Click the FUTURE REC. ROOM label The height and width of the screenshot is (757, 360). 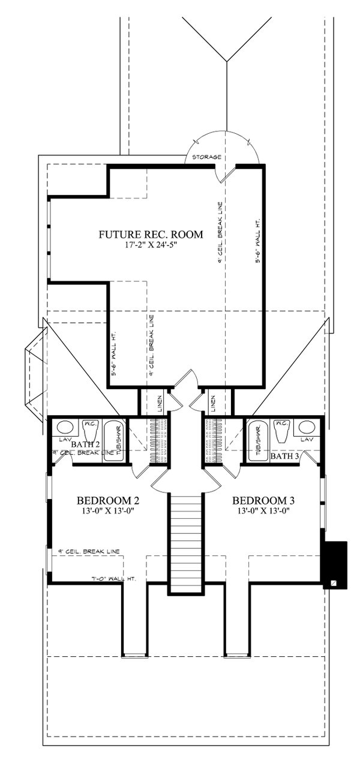[x=151, y=234]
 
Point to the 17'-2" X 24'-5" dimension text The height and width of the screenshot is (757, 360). [x=151, y=245]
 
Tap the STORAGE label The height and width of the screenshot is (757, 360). [x=206, y=157]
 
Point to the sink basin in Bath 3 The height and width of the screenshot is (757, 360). [x=307, y=428]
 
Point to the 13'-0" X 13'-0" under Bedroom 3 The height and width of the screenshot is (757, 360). [x=263, y=512]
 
